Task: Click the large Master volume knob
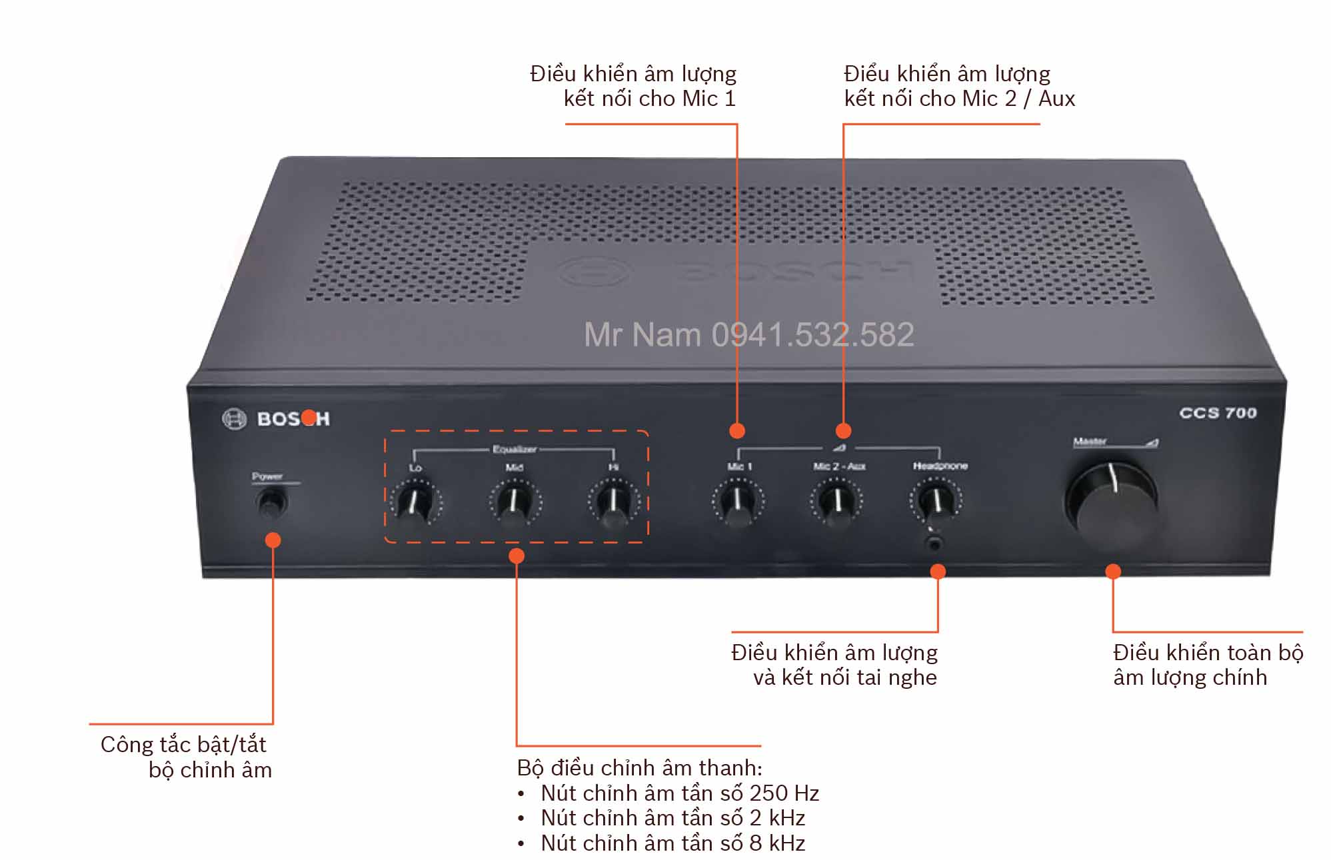1111,503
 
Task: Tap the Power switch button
271,502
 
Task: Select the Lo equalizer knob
415,503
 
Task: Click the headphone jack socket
936,544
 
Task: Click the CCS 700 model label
1218,413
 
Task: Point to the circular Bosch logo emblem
234,419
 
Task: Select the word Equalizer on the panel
514,450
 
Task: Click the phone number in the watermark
812,334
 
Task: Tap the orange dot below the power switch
273,540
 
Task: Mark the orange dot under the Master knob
1112,572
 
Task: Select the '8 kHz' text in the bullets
776,843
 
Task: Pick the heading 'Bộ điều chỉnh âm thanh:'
639,768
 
